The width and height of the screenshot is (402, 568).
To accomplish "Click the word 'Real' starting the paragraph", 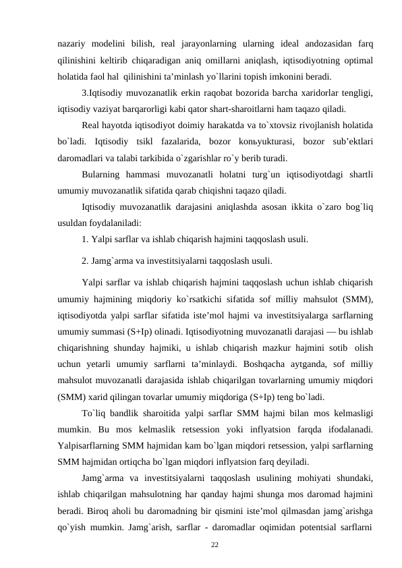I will pyautogui.click(x=90, y=125).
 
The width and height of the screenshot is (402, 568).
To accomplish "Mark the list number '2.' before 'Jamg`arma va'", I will pyautogui.click(x=85, y=260).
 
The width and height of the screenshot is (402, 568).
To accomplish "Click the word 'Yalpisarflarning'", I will pyautogui.click(x=92, y=445).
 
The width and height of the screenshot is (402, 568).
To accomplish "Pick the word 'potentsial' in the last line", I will pyautogui.click(x=291, y=523).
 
